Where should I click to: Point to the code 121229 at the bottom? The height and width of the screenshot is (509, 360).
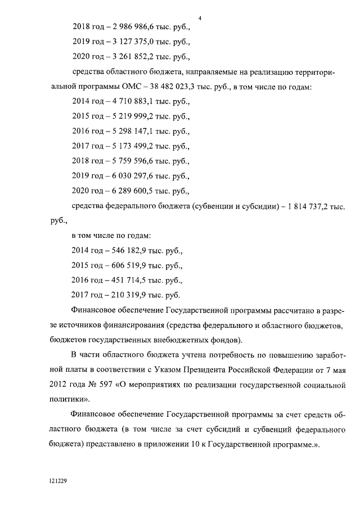point(57,482)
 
